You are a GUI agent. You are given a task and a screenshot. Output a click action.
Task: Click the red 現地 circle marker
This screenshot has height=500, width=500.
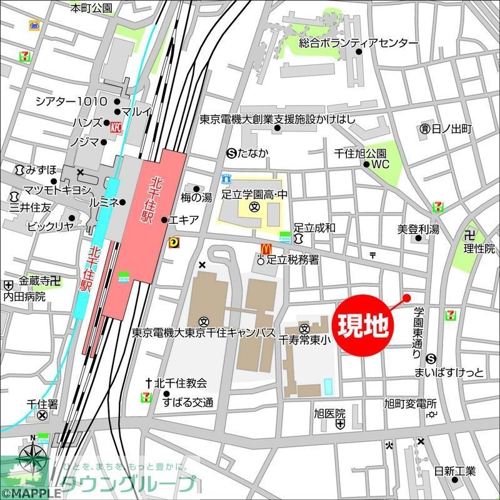pos(366,324)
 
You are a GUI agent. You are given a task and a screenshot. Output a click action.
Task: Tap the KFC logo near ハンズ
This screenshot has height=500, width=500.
pos(115,127)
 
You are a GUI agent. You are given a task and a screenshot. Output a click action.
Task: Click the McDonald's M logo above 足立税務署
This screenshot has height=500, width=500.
pos(265,248)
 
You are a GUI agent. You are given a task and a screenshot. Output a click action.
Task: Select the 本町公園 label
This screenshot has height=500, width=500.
pos(91,8)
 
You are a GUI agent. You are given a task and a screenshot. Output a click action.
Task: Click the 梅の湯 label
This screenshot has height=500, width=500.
pos(197,197)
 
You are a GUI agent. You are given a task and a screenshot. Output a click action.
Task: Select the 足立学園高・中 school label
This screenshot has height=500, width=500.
pos(254,195)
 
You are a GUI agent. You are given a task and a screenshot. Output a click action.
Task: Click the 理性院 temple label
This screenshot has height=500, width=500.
pos(479,248)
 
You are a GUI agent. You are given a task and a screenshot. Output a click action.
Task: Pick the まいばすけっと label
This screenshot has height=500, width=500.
pos(449,373)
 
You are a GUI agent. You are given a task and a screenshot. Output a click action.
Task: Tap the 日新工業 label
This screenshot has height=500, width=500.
pos(455,470)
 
